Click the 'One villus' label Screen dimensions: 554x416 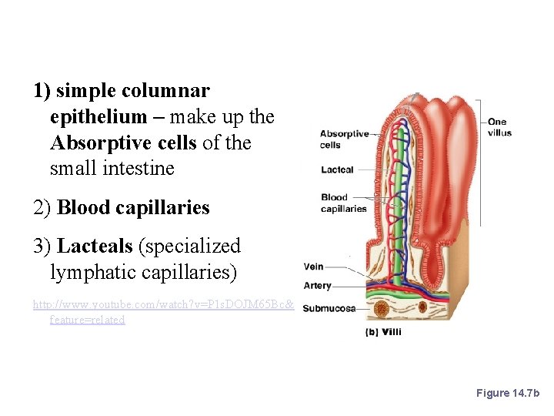(498, 127)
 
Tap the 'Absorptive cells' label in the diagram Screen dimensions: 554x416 (344, 139)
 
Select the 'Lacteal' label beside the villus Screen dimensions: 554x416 (337, 169)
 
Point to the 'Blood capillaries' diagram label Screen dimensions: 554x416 (343, 203)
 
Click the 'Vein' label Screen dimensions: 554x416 (313, 267)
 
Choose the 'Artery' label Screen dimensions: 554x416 (317, 285)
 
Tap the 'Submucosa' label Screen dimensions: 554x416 (329, 309)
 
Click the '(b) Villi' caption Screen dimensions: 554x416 (382, 332)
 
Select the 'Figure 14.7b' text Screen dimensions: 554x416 (509, 393)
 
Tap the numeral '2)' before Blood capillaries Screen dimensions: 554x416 (42, 208)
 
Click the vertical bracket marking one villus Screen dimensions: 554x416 (480, 162)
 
